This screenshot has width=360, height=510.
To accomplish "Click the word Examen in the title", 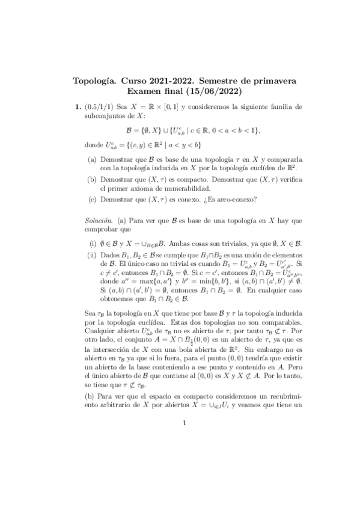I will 148,91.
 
